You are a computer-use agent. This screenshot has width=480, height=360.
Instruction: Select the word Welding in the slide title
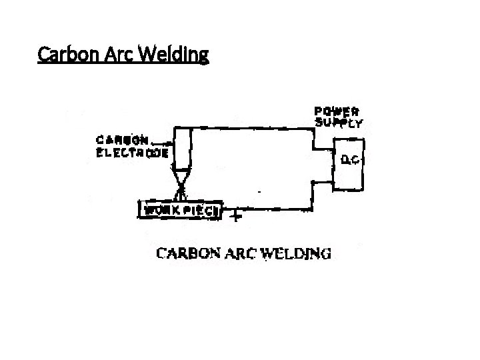click(x=173, y=53)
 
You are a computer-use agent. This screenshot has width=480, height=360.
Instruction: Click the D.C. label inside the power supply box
click(x=351, y=160)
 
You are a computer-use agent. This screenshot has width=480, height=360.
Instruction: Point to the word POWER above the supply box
click(x=337, y=111)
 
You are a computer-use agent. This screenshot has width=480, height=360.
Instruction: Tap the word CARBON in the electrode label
click(x=123, y=141)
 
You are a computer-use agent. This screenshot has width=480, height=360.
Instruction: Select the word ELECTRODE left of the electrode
click(x=132, y=152)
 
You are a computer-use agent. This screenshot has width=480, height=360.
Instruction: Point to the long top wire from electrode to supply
click(x=253, y=127)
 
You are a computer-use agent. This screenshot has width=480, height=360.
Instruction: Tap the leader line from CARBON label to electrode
click(x=162, y=142)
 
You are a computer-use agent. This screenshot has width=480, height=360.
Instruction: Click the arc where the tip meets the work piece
click(x=181, y=195)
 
